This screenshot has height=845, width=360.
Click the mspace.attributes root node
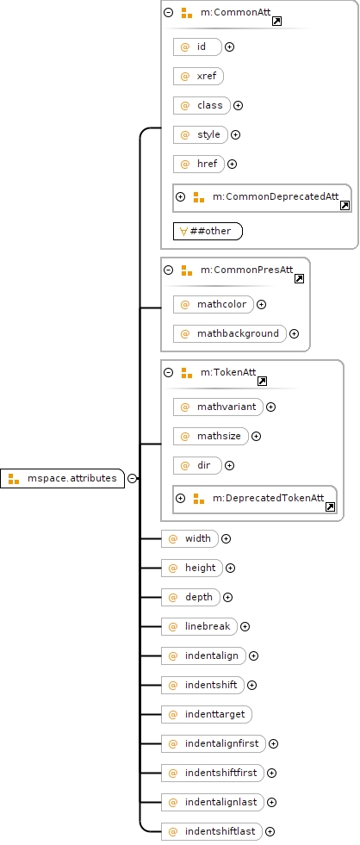pyautogui.click(x=63, y=478)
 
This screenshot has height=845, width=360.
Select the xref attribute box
pyautogui.click(x=198, y=76)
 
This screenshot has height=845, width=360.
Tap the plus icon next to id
pyautogui.click(x=230, y=47)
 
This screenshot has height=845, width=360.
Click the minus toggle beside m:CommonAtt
pyautogui.click(x=169, y=12)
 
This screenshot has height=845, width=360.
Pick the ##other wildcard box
pyautogui.click(x=208, y=231)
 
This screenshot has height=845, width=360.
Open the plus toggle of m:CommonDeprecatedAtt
pyautogui.click(x=181, y=196)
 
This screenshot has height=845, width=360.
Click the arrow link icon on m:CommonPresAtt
pyautogui.click(x=299, y=278)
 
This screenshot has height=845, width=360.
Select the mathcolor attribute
pyautogui.click(x=214, y=304)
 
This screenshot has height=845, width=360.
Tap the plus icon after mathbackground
pyautogui.click(x=295, y=333)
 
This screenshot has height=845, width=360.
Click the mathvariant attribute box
pyautogui.click(x=218, y=407)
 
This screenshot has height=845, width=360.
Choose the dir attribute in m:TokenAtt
pyautogui.click(x=197, y=465)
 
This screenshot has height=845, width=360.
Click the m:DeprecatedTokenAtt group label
pyautogui.click(x=269, y=498)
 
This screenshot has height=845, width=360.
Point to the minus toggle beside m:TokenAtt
pyautogui.click(x=169, y=372)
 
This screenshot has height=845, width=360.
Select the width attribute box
pyautogui.click(x=189, y=538)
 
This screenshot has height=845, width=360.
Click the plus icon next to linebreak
pyautogui.click(x=245, y=626)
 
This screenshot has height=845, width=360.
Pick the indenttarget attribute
pyautogui.click(x=207, y=714)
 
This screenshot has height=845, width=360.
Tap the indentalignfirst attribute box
pyautogui.click(x=214, y=743)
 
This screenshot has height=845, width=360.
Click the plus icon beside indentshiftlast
pyautogui.click(x=270, y=831)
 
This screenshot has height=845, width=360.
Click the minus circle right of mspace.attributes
pyautogui.click(x=133, y=478)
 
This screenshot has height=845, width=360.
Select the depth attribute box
pyautogui.click(x=191, y=597)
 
